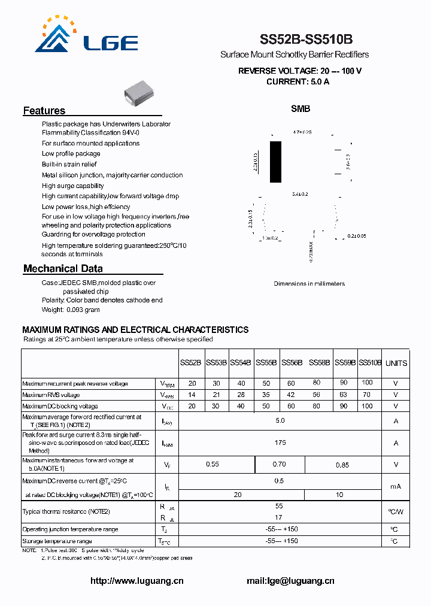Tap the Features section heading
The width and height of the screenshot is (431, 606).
44,111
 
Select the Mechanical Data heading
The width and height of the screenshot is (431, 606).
63,269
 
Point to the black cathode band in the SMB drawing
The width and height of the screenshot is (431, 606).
275,162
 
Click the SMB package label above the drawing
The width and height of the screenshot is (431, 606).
301,109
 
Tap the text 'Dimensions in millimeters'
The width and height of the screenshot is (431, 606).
309,283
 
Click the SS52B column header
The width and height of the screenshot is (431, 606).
190,363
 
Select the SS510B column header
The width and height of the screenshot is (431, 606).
370,363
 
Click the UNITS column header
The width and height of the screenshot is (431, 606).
396,363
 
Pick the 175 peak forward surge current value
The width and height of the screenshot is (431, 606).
280,443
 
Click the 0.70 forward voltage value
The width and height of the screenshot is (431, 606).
280,464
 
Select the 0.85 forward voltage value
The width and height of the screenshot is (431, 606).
342,464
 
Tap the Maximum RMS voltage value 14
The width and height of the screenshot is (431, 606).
192,395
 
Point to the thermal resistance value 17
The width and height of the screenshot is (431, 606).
279,517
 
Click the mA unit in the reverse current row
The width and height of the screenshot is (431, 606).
396,486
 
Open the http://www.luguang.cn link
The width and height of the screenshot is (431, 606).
137,581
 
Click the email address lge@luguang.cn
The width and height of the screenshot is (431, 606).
290,581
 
